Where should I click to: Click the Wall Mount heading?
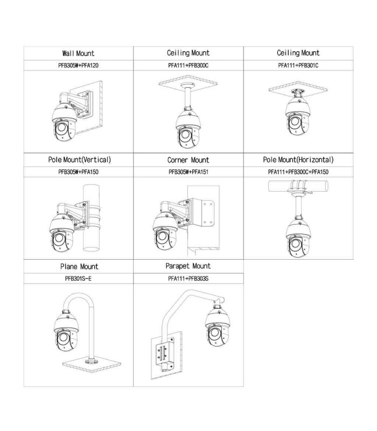pyautogui.click(x=78, y=53)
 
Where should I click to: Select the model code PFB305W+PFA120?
pyautogui.click(x=78, y=65)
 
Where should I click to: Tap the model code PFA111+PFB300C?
pyautogui.click(x=188, y=65)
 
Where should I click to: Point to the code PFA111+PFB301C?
pyautogui.click(x=298, y=65)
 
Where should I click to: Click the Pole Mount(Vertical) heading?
pyautogui.click(x=79, y=159)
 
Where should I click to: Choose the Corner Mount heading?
pyautogui.click(x=188, y=160)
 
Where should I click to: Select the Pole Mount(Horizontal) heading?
pyautogui.click(x=298, y=159)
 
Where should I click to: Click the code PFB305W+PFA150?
pyautogui.click(x=78, y=172)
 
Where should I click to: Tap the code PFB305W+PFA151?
pyautogui.click(x=188, y=172)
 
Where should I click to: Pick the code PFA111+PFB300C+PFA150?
pyautogui.click(x=298, y=172)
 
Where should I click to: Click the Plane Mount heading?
pyautogui.click(x=79, y=266)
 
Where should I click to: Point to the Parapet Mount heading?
pyautogui.click(x=188, y=266)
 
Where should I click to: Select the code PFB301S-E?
pyautogui.click(x=78, y=279)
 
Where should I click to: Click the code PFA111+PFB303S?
pyautogui.click(x=188, y=279)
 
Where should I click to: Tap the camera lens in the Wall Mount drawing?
pyautogui.click(x=61, y=128)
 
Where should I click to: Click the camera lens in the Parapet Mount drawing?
pyautogui.click(x=214, y=333)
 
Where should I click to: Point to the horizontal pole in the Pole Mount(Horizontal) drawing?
pyautogui.click(x=298, y=186)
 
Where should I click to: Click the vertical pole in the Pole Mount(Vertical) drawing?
pyautogui.click(x=91, y=218)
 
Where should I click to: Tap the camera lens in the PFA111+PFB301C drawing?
pyautogui.click(x=295, y=121)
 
